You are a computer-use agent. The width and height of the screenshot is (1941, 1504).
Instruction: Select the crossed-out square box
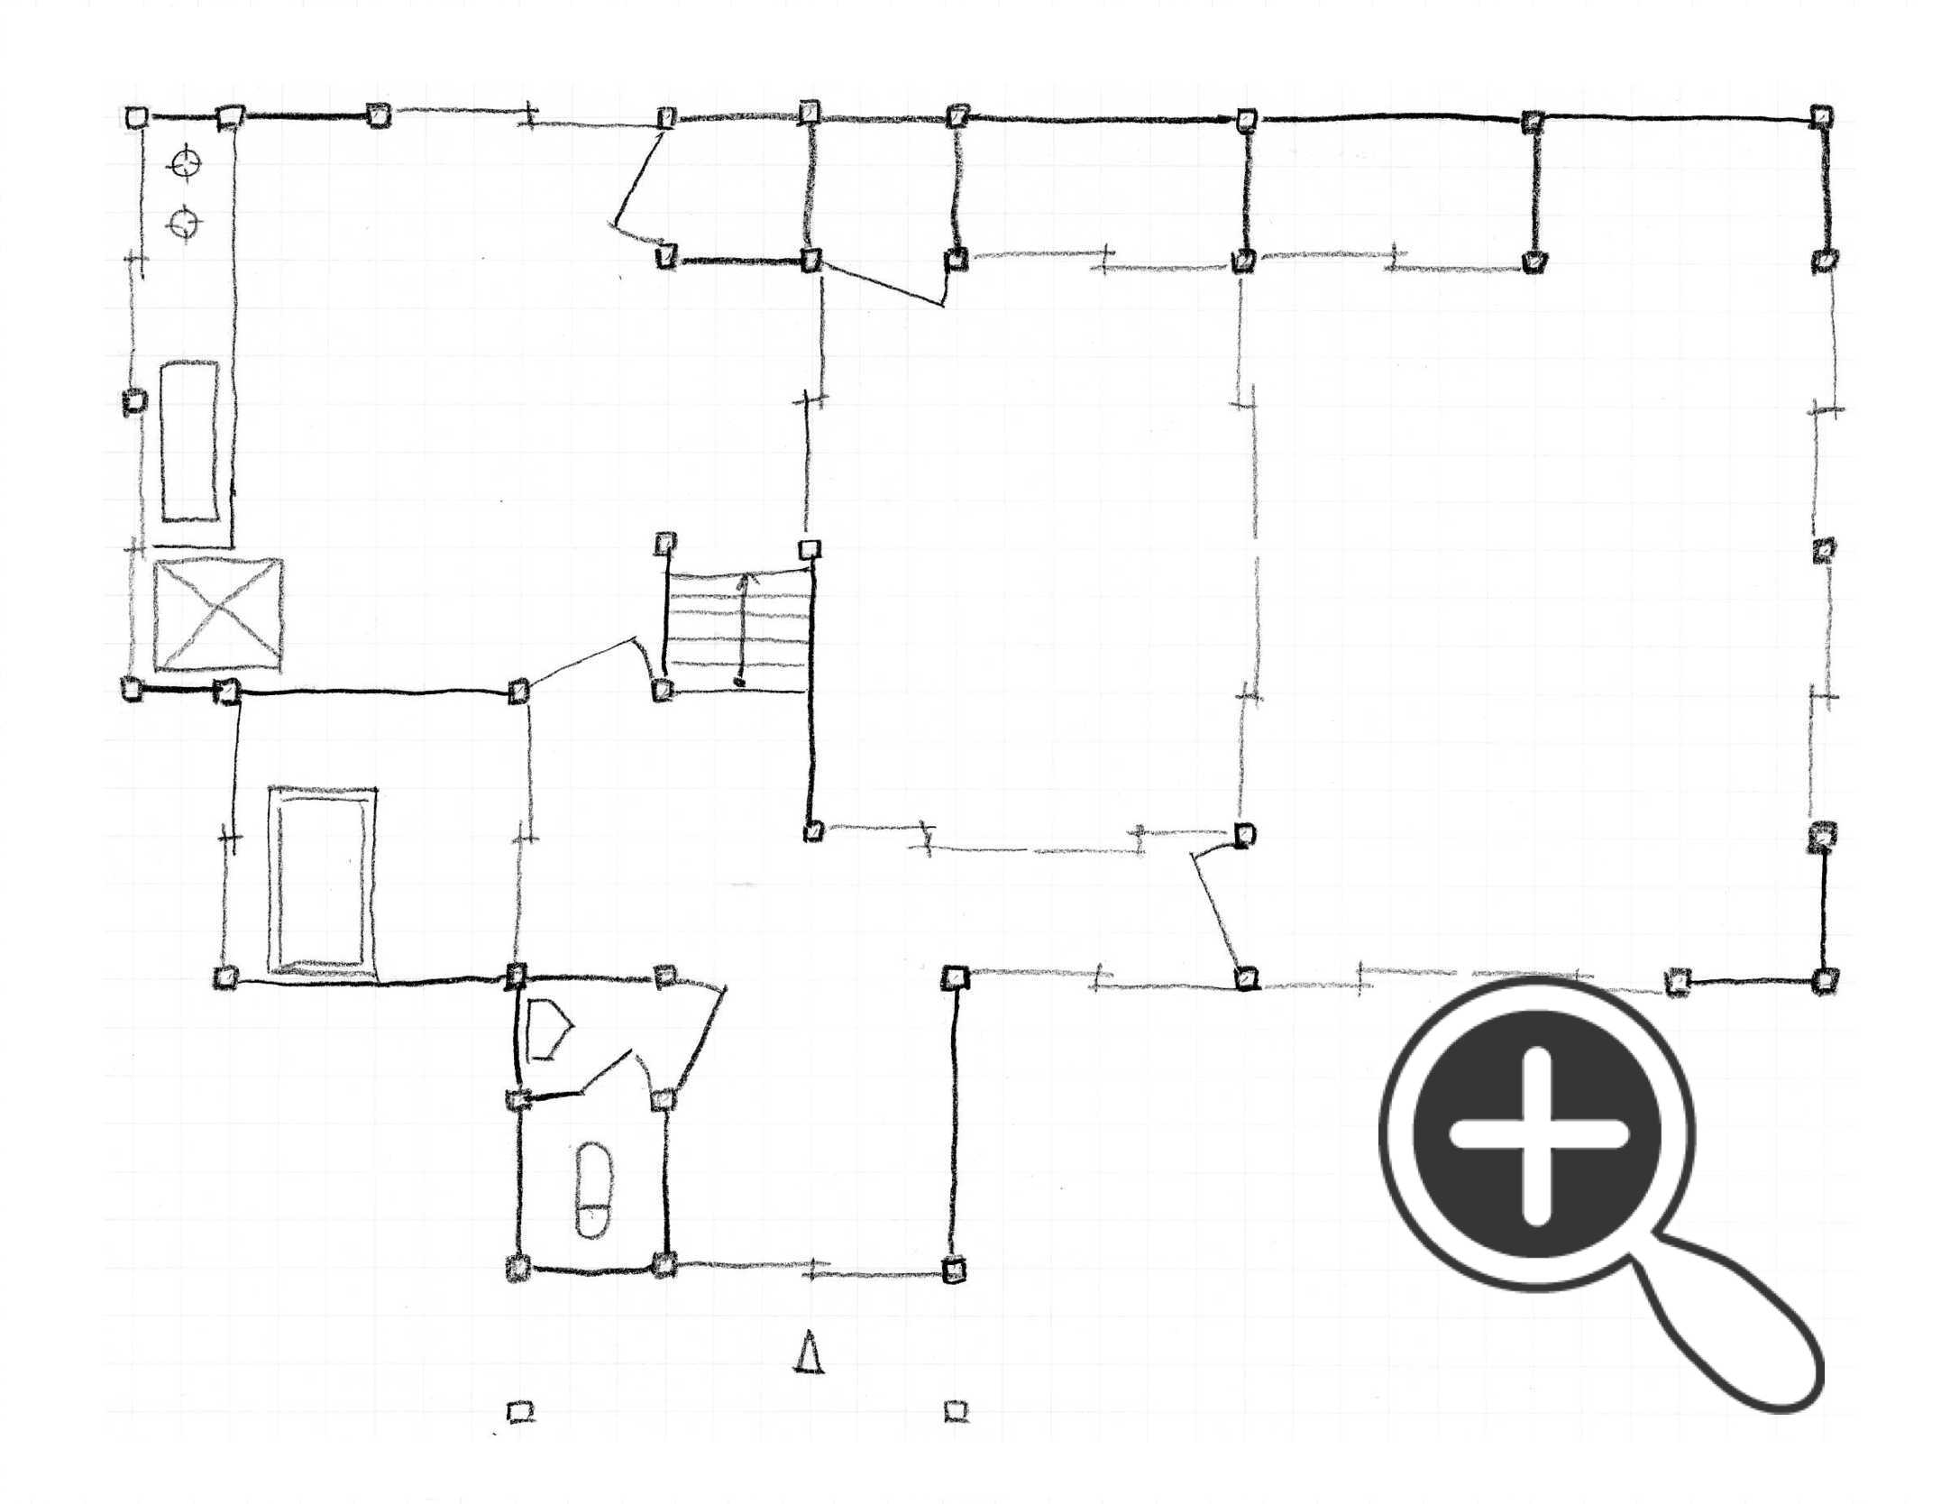pos(217,616)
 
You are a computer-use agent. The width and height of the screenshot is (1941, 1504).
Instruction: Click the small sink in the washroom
pos(546,1029)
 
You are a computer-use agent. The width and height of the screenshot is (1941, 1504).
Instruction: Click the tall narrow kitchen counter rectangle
pos(189,441)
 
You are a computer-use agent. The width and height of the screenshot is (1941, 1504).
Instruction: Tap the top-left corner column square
pos(136,117)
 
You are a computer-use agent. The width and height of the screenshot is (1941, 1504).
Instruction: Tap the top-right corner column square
pos(1822,116)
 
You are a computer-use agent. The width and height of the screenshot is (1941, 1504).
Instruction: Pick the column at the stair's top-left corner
pos(665,544)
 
